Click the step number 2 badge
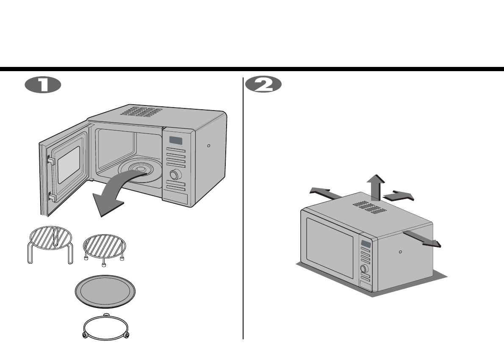pos(263,85)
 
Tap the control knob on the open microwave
pos(174,175)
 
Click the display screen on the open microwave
pos(176,141)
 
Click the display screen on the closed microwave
pos(366,244)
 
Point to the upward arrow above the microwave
pos(375,186)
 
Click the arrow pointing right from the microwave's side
pos(424,239)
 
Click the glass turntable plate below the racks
pos(105,292)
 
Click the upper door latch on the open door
pos(50,160)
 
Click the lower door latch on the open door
pos(51,197)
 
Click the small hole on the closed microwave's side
pos(401,251)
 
